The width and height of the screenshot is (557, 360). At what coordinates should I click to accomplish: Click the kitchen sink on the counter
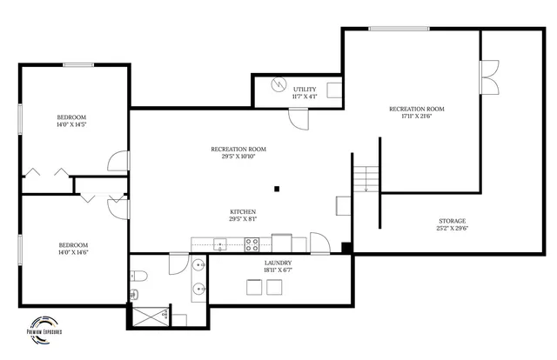click(221, 245)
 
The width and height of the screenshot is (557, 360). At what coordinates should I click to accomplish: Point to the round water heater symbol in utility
click(278, 85)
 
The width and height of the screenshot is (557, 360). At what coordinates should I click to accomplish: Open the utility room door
click(299, 117)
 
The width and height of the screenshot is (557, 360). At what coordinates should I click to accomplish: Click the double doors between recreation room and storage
click(489, 77)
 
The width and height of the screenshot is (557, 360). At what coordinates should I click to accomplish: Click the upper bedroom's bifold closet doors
click(48, 170)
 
